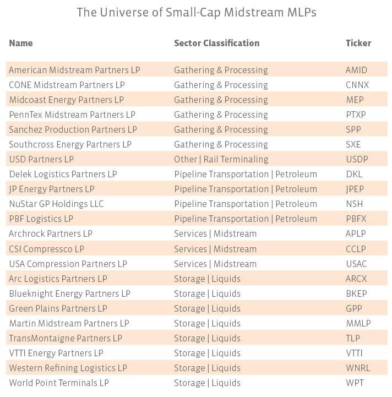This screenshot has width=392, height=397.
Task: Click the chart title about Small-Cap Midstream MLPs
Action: coord(197,12)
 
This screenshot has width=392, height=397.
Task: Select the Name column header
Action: coord(21,43)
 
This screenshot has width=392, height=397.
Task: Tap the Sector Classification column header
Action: coord(216,43)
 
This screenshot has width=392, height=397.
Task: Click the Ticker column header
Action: coord(358,43)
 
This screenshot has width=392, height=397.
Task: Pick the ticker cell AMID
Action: coord(356,70)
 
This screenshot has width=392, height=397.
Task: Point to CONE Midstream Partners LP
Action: coord(67,85)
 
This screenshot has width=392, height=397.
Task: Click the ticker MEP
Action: coord(355,100)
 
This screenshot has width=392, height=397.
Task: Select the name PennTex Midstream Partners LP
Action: coord(72,115)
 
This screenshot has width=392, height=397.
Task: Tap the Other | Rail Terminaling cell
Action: coord(221,160)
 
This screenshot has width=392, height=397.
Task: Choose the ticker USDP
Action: coord(357,160)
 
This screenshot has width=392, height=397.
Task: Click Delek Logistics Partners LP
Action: coord(63,175)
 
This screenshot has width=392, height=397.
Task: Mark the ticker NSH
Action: coord(355,204)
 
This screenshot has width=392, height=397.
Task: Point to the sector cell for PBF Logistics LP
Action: coord(246,219)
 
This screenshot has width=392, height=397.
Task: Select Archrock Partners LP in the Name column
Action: coord(51,234)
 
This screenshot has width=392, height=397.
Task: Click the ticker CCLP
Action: coord(356,249)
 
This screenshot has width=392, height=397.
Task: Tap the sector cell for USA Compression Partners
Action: coord(215,264)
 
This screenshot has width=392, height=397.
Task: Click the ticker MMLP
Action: coord(357,323)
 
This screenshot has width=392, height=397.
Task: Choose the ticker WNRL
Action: coord(358,368)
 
